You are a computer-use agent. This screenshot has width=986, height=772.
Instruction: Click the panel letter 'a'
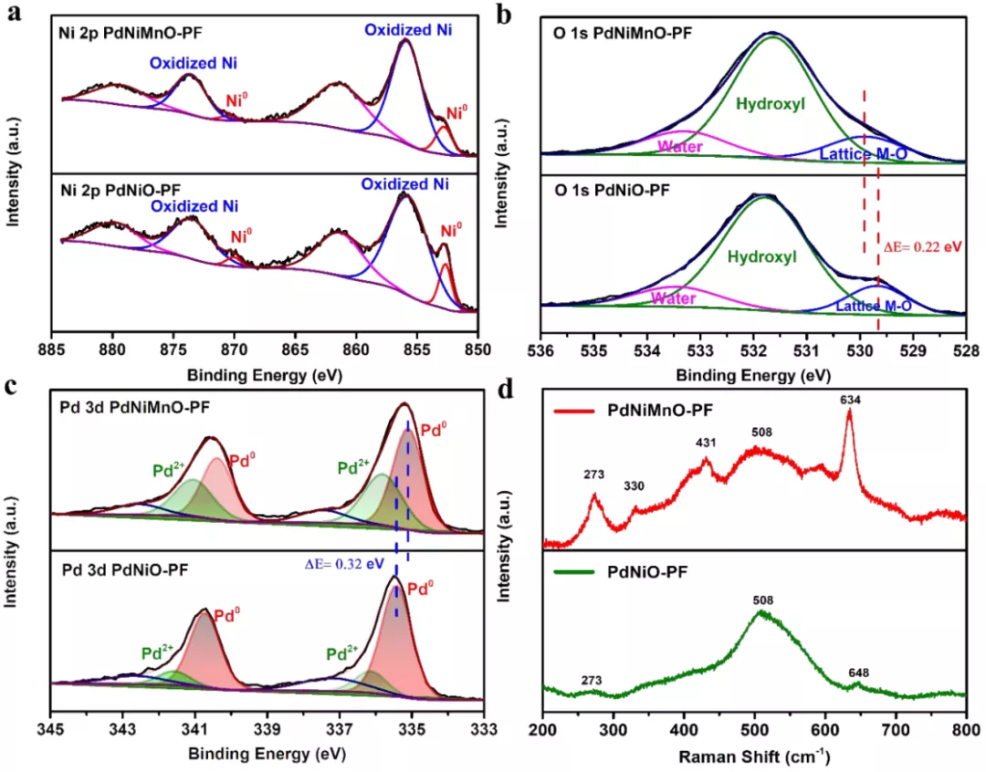click(x=13, y=12)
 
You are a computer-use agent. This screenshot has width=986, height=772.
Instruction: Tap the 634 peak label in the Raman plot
click(x=850, y=400)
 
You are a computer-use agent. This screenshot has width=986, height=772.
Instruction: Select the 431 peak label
click(x=706, y=443)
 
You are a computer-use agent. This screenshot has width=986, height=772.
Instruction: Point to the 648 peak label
click(x=858, y=673)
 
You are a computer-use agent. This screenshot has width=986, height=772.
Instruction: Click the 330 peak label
click(x=634, y=486)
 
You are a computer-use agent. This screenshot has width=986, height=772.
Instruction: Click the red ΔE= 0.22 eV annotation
click(x=922, y=246)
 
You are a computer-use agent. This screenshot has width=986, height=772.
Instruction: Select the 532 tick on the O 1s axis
click(x=753, y=349)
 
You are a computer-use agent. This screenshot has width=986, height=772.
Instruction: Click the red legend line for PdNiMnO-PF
click(x=573, y=412)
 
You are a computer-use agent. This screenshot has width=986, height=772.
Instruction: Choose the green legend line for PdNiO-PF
click(x=573, y=572)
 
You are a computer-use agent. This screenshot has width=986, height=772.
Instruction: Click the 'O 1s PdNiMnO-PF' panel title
click(x=623, y=33)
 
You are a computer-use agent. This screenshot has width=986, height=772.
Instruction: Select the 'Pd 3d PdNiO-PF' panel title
click(x=124, y=570)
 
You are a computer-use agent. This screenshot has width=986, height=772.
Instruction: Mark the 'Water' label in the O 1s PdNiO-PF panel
click(x=673, y=297)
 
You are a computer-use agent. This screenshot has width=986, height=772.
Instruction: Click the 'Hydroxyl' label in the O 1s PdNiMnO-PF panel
click(x=771, y=104)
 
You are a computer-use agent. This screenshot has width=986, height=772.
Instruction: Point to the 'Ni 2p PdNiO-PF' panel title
click(x=121, y=189)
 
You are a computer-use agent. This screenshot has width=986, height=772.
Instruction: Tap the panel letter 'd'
click(x=506, y=389)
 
